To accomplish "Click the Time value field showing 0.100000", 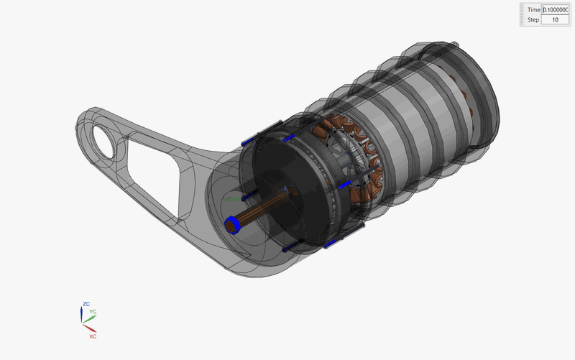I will [x=555, y=9].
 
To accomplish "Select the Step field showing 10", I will [x=555, y=19].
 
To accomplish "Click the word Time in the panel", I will [x=533, y=9].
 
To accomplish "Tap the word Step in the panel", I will [x=533, y=19].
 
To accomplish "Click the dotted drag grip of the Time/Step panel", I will [x=522, y=14].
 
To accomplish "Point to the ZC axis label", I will [x=86, y=305].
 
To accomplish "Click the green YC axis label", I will [x=93, y=312].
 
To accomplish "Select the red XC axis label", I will [x=93, y=336].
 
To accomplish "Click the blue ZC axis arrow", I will [x=81, y=314].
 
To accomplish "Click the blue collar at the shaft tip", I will [x=232, y=225].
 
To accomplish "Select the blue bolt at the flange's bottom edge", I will [x=332, y=244].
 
